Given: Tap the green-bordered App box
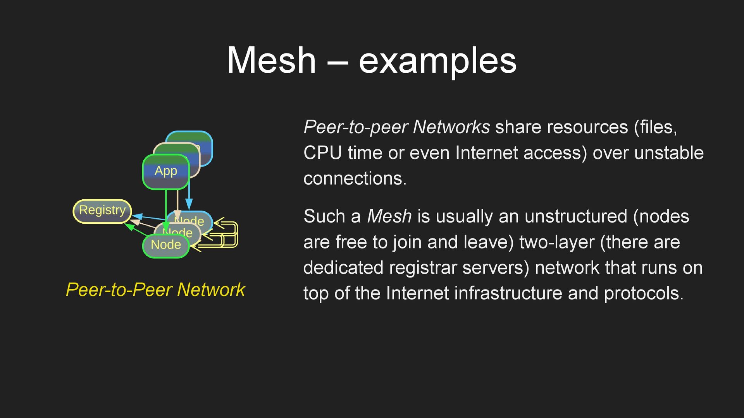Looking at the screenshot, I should click(x=166, y=171).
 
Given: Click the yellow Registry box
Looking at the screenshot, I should click(x=102, y=211).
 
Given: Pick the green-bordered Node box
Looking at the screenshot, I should click(x=166, y=245).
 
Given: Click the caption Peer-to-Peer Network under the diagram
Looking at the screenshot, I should click(x=155, y=290).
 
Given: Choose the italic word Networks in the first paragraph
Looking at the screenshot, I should click(x=451, y=127).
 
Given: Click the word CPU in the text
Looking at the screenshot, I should click(x=322, y=153).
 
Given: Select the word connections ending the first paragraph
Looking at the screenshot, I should click(x=355, y=178).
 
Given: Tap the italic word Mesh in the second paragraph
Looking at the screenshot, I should click(x=389, y=216).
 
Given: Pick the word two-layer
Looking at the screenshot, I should click(x=557, y=242).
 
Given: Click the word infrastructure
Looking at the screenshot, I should click(x=508, y=293).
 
